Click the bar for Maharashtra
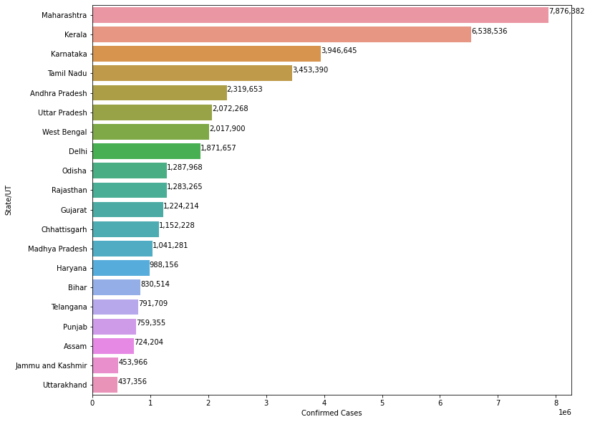pyautogui.click(x=320, y=15)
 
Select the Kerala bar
pyautogui.click(x=281, y=34)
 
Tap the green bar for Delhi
pyautogui.click(x=146, y=151)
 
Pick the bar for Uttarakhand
pyautogui.click(x=105, y=385)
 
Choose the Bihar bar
pyautogui.click(x=116, y=287)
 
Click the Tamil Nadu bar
pyautogui.click(x=192, y=73)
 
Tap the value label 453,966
pyautogui.click(x=133, y=363)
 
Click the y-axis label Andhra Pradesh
pyautogui.click(x=59, y=93)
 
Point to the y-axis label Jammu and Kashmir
pyautogui.click(x=52, y=366)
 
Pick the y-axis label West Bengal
pyautogui.click(x=64, y=132)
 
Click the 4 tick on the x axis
pyautogui.click(x=324, y=402)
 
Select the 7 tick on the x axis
pyautogui.click(x=498, y=402)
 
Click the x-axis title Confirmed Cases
pyautogui.click(x=332, y=413)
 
